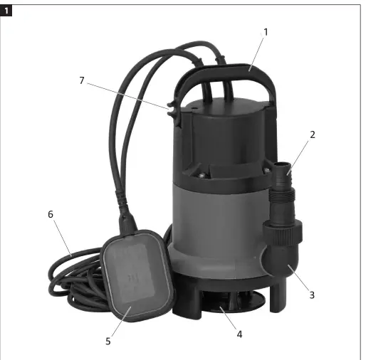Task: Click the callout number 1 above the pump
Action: click(265, 32)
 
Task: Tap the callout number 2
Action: click(312, 134)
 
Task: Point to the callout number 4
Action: click(239, 334)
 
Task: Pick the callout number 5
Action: click(108, 341)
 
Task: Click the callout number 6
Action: click(50, 214)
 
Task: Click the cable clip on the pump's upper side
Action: click(172, 112)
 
